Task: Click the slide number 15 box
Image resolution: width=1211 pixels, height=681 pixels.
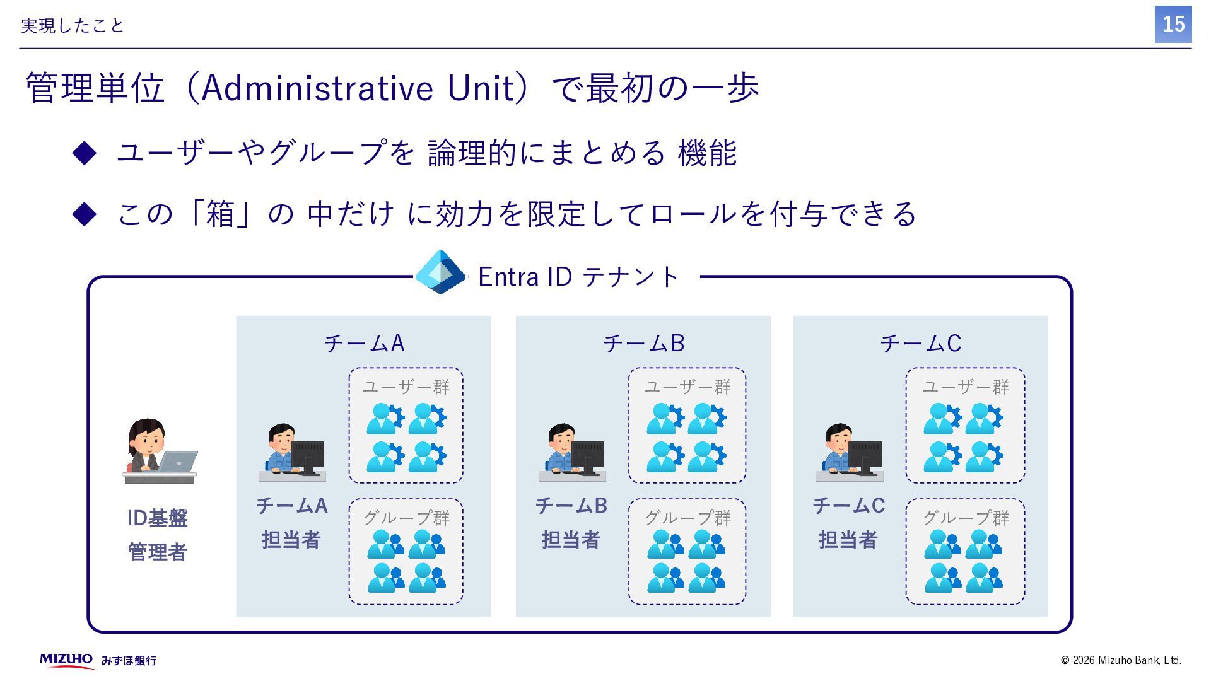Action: pyautogui.click(x=1173, y=25)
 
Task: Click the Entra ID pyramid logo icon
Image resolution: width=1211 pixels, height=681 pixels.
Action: pyautogui.click(x=440, y=272)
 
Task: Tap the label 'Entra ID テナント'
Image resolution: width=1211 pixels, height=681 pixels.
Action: pyautogui.click(x=578, y=277)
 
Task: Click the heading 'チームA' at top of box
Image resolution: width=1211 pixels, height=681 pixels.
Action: pyautogui.click(x=364, y=343)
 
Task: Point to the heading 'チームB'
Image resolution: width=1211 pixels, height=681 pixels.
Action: pyautogui.click(x=643, y=343)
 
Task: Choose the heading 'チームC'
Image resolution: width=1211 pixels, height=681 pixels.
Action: pyautogui.click(x=920, y=343)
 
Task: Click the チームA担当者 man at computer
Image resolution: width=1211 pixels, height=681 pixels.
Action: pyautogui.click(x=293, y=451)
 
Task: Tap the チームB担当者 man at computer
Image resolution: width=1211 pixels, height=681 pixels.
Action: pyautogui.click(x=572, y=451)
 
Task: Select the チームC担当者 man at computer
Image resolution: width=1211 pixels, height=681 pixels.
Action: pyautogui.click(x=849, y=451)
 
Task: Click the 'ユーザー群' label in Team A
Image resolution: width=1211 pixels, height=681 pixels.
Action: pyautogui.click(x=406, y=387)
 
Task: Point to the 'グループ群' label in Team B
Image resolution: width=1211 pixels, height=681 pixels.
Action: pyautogui.click(x=687, y=518)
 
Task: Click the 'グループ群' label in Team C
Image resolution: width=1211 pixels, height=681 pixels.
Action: pyautogui.click(x=966, y=518)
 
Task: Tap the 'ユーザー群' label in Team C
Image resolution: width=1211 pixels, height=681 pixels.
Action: pyautogui.click(x=966, y=387)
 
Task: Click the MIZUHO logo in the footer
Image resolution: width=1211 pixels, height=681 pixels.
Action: pyautogui.click(x=66, y=660)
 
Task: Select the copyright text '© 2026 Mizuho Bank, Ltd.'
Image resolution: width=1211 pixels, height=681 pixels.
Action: pyautogui.click(x=1121, y=660)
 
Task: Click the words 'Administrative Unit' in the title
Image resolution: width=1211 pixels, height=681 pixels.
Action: pyautogui.click(x=358, y=88)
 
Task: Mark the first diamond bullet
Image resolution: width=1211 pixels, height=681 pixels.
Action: pyautogui.click(x=85, y=153)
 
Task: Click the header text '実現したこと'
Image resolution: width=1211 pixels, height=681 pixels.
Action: pyautogui.click(x=73, y=26)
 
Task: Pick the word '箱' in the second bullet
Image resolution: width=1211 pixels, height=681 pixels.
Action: pyautogui.click(x=220, y=214)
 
